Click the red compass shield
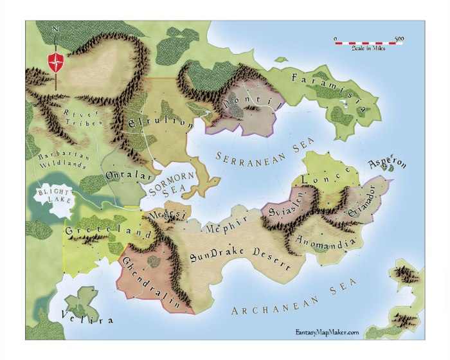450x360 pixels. pos(56,64)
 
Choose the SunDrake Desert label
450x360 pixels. pos(240,256)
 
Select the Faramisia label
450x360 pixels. pos(328,90)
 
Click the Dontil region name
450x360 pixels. pos(252,101)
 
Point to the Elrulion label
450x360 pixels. pos(161,123)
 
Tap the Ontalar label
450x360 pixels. pos(129,175)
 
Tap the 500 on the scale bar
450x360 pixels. pos(399,39)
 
